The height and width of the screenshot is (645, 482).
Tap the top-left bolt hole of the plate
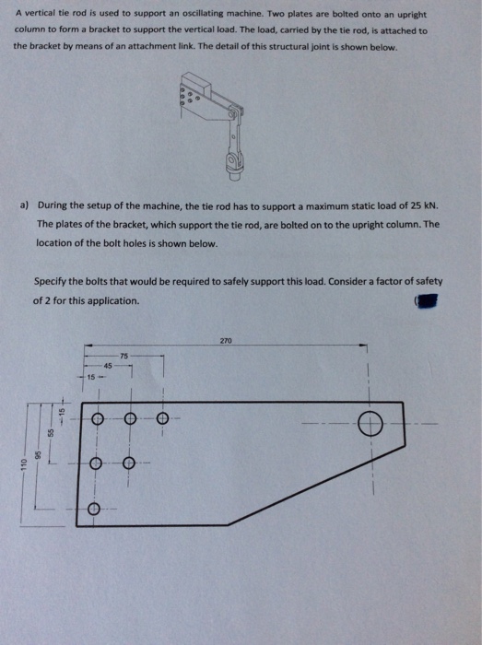pos(95,419)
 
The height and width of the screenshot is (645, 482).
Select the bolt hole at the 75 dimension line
pos(162,419)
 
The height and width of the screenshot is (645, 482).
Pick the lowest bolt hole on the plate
pos(95,508)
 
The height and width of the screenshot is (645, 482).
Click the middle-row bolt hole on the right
pos(128,463)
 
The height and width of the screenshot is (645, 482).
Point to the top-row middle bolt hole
pos(129,419)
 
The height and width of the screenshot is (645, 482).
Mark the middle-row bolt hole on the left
pos(95,463)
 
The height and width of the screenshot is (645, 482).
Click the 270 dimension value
pos(226,340)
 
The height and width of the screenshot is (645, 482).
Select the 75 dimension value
pos(123,355)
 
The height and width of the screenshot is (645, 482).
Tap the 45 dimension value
pos(107,366)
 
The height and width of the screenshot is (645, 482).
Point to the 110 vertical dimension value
pos(16,469)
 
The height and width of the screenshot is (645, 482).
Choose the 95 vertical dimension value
pos(38,454)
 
